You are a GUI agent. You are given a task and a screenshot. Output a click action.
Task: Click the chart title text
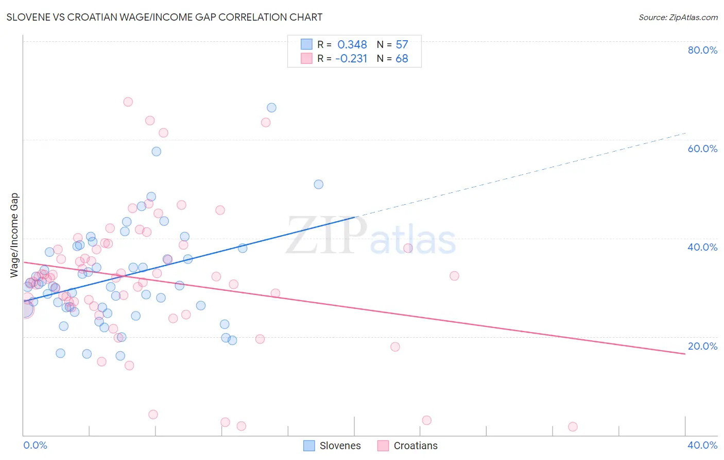pyautogui.click(x=164, y=17)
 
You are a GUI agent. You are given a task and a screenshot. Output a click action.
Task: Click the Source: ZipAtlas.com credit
pyautogui.click(x=678, y=17)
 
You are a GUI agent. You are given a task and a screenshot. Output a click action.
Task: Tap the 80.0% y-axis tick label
pyautogui.click(x=702, y=50)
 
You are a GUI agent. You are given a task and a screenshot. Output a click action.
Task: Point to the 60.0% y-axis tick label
pyautogui.click(x=702, y=149)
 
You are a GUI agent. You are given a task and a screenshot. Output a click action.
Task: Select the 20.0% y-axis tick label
pyautogui.click(x=702, y=346)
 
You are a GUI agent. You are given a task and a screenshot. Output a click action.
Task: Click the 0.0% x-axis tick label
pyautogui.click(x=35, y=445)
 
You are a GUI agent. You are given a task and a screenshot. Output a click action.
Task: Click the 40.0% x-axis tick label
pyautogui.click(x=702, y=445)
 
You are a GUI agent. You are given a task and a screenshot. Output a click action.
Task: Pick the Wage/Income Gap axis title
pyautogui.click(x=14, y=235)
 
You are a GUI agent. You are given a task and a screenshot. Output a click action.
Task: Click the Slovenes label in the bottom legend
pyautogui.click(x=340, y=446)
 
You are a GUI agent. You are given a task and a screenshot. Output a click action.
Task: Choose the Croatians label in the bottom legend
pyautogui.click(x=415, y=446)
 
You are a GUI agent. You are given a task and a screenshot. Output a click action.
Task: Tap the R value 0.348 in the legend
pyautogui.click(x=352, y=45)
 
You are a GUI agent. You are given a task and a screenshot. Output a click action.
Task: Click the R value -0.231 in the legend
pyautogui.click(x=351, y=59)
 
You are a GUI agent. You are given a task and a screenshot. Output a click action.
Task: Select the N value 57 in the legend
pyautogui.click(x=402, y=45)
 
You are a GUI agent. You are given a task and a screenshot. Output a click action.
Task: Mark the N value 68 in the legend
pyautogui.click(x=402, y=59)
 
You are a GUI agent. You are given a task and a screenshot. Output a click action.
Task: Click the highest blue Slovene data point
pyautogui.click(x=271, y=108)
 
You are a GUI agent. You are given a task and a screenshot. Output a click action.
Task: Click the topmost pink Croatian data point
pyautogui.click(x=128, y=102)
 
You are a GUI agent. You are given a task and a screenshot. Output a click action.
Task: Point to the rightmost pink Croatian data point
pyautogui.click(x=573, y=426)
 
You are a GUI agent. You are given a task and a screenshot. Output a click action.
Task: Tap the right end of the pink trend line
pyautogui.click(x=685, y=354)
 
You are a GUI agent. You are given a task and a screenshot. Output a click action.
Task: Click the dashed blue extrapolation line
pyautogui.click(x=520, y=175)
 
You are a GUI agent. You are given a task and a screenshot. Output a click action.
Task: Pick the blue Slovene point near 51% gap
pyautogui.click(x=319, y=185)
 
